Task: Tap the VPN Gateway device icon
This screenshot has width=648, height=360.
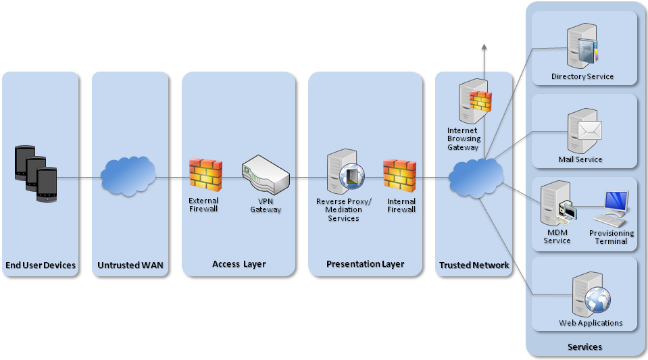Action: coord(265,174)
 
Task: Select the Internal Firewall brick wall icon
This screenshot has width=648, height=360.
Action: coord(400,174)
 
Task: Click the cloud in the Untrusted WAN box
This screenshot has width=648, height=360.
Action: coord(128,177)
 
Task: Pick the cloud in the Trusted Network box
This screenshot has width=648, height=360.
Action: coord(476,178)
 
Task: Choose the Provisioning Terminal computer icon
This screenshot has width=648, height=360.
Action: coord(612,208)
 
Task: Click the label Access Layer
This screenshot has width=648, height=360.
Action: coord(239,264)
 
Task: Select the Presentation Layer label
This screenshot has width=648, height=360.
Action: coord(365,264)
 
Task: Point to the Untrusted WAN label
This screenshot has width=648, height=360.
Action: coord(130,265)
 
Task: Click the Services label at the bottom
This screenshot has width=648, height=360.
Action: coord(584,347)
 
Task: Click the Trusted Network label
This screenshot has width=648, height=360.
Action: coord(474,265)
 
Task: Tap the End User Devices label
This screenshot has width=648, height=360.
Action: coord(41,265)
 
